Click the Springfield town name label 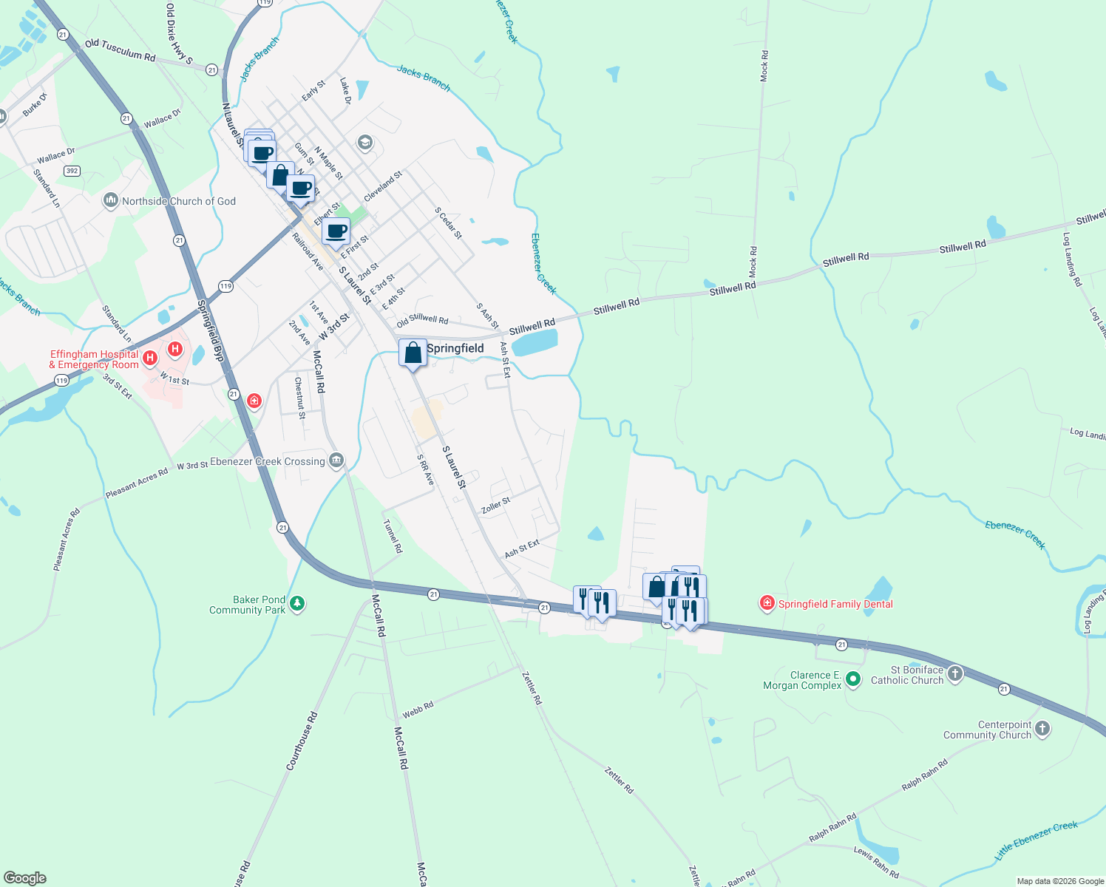click(x=455, y=348)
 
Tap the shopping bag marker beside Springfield click(x=413, y=353)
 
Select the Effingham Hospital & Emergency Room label click(x=94, y=359)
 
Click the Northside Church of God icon click(x=111, y=200)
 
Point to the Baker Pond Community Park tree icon click(x=296, y=604)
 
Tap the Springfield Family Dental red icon click(x=767, y=604)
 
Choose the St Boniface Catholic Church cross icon click(x=955, y=673)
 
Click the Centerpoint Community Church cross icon click(x=1042, y=729)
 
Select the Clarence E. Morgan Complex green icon click(x=852, y=678)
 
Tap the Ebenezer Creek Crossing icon click(x=336, y=461)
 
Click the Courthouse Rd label click(x=302, y=741)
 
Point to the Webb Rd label click(x=418, y=710)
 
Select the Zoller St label click(x=495, y=506)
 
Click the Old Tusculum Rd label click(x=120, y=50)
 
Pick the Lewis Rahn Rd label click(x=876, y=862)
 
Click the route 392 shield click(x=72, y=171)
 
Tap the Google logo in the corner click(x=25, y=878)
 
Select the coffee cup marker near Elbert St click(x=336, y=231)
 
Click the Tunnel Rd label click(x=393, y=536)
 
